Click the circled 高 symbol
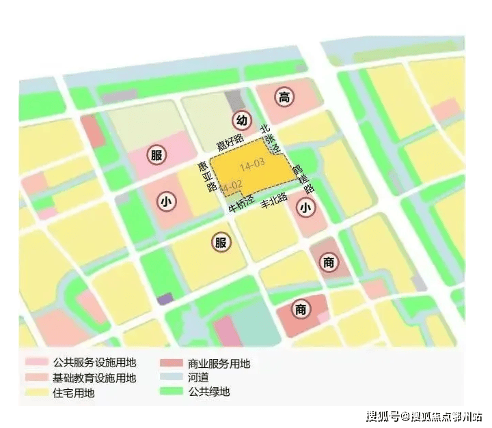coord(284,98)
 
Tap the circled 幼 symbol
coord(241,120)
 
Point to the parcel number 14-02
coord(232,185)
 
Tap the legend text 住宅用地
coord(73,393)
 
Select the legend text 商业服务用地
coord(217,363)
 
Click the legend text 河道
coord(195,377)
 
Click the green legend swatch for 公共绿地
coord(171,392)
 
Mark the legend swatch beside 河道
coord(171,377)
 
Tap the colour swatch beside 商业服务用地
coord(171,363)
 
